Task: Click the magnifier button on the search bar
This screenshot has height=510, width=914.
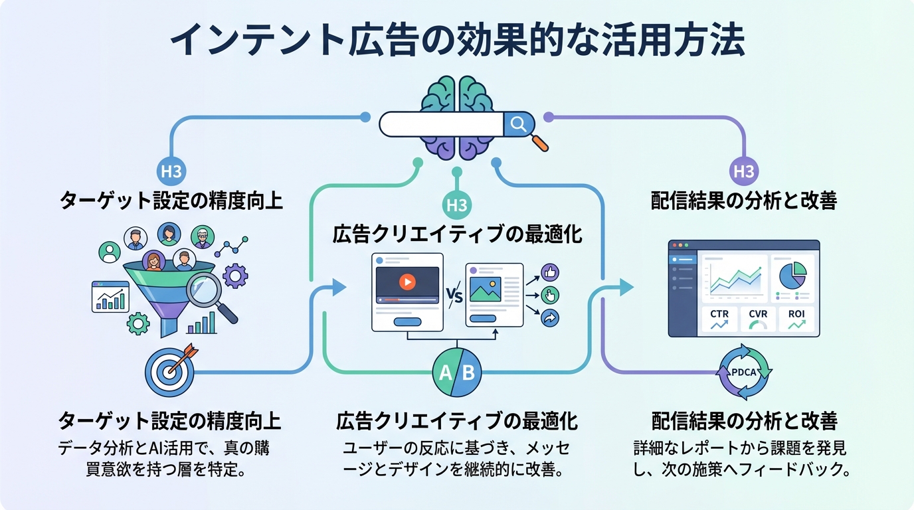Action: pos(518,123)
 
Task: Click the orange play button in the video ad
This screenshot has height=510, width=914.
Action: pos(407,282)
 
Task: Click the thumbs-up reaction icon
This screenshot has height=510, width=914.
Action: pos(551,272)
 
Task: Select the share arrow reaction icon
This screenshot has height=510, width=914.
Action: pos(551,318)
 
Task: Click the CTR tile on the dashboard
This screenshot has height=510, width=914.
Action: pos(719,319)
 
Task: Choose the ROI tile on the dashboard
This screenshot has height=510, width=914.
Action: pos(796,319)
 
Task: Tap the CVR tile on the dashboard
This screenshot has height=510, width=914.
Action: pos(758,319)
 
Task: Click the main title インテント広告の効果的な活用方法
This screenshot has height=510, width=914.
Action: pos(457,42)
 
